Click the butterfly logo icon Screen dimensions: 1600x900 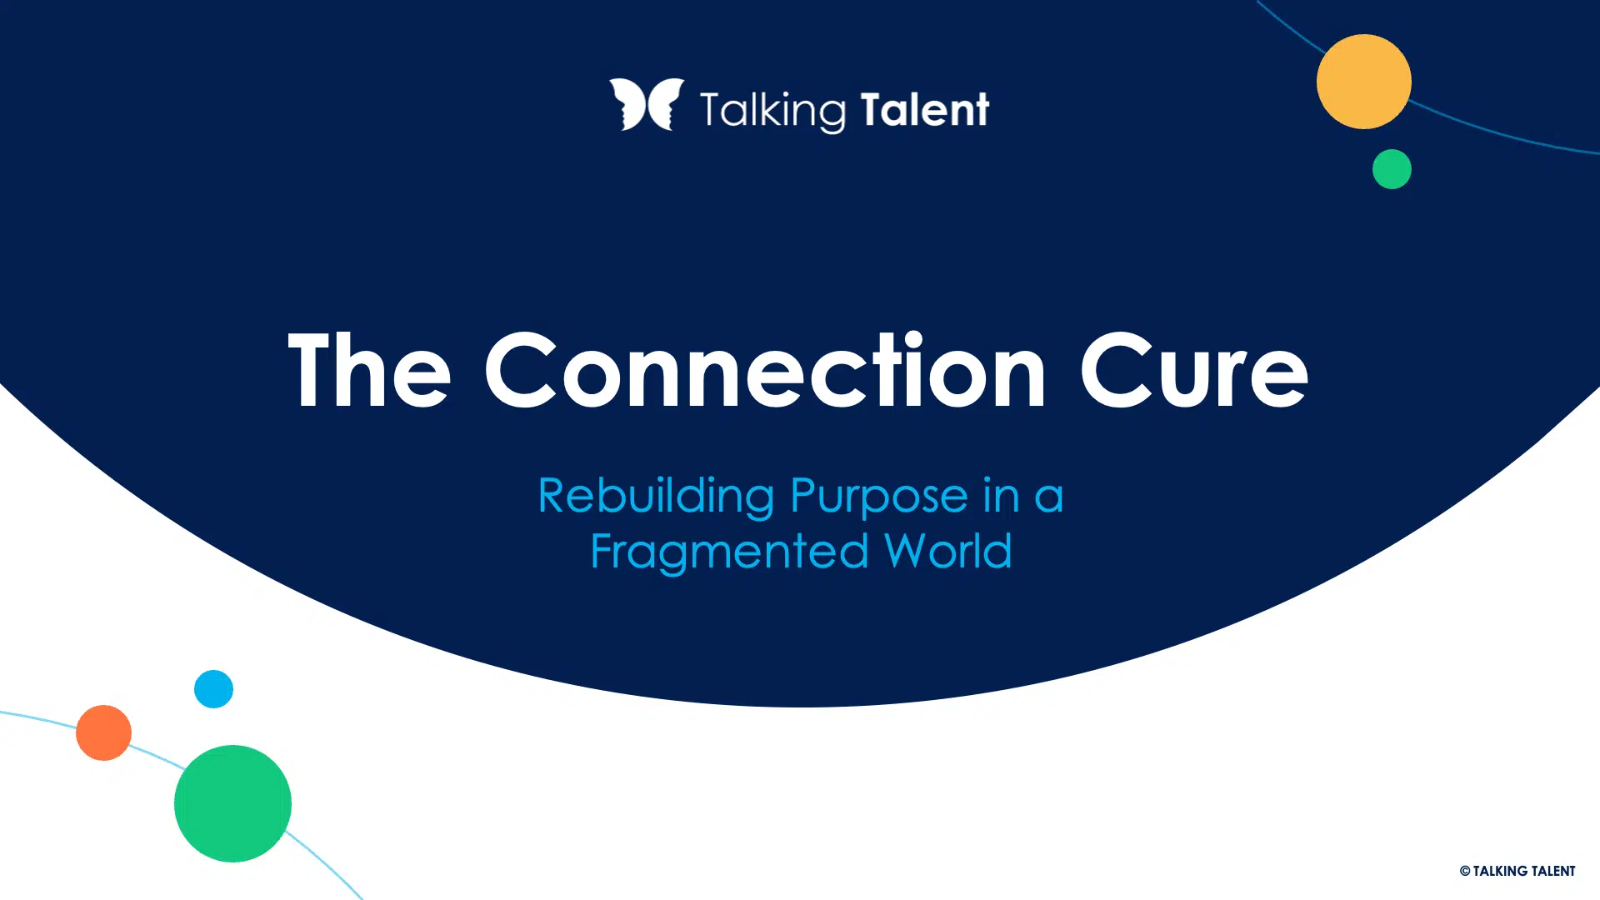pyautogui.click(x=647, y=105)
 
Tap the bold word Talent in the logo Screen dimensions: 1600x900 pyautogui.click(x=925, y=109)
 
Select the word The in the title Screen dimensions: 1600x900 pyautogui.click(x=369, y=369)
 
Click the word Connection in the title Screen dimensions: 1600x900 pyautogui.click(x=765, y=369)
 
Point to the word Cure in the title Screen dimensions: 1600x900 pyautogui.click(x=1194, y=369)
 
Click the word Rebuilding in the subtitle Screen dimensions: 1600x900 pyautogui.click(x=657, y=496)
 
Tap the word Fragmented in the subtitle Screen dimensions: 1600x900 pyautogui.click(x=729, y=552)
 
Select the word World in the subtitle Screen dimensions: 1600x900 pyautogui.click(x=948, y=551)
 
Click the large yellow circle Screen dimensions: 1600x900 pyautogui.click(x=1364, y=82)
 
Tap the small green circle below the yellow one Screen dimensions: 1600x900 pyautogui.click(x=1392, y=169)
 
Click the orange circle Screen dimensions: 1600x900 pyautogui.click(x=103, y=732)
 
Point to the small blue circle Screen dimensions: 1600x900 pyautogui.click(x=213, y=689)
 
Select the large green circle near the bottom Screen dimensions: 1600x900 pyautogui.click(x=232, y=803)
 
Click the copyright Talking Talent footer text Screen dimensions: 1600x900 pyautogui.click(x=1517, y=871)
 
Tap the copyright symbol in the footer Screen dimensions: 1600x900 pyautogui.click(x=1465, y=871)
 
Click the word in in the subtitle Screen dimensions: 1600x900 pyautogui.click(x=1001, y=496)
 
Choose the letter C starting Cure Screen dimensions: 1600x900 pyautogui.click(x=1115, y=369)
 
